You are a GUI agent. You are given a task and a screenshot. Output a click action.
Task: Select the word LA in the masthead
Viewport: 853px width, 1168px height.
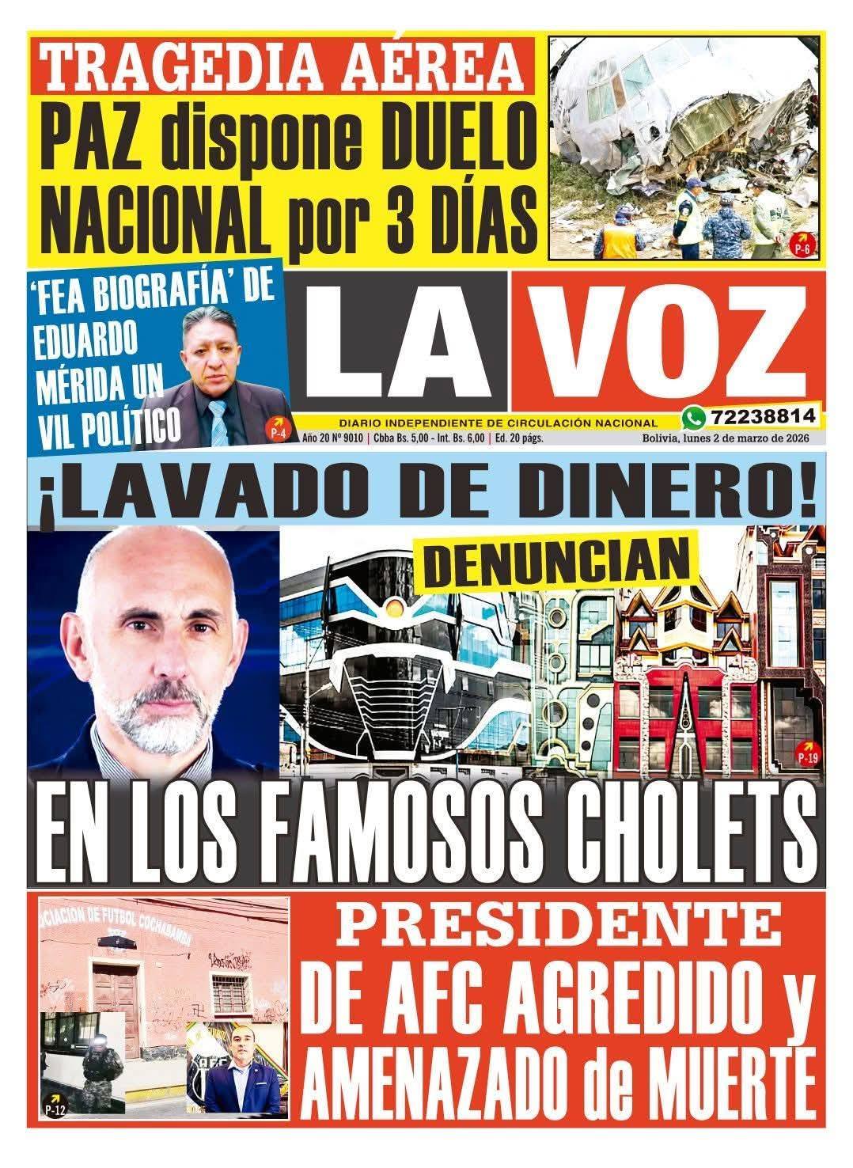click(x=400, y=344)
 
